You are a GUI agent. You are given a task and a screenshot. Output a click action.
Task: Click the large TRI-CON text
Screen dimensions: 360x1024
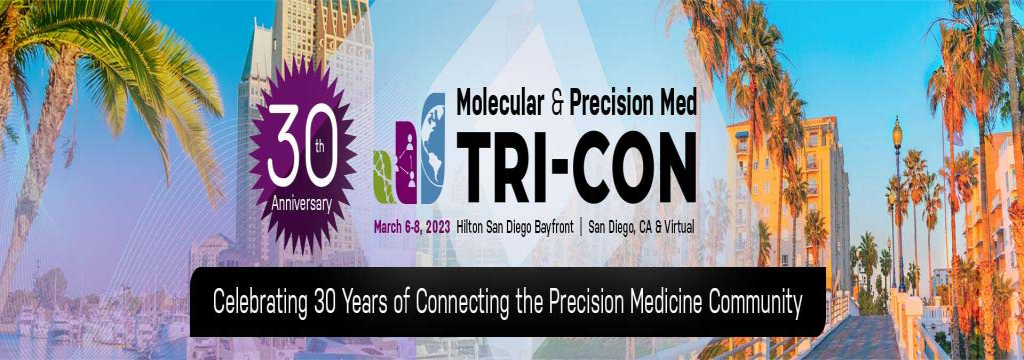[575, 164]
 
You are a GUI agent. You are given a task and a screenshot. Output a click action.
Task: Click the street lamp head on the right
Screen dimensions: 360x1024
[897, 131]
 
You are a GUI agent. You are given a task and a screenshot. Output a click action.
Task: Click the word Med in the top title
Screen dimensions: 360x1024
[676, 101]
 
